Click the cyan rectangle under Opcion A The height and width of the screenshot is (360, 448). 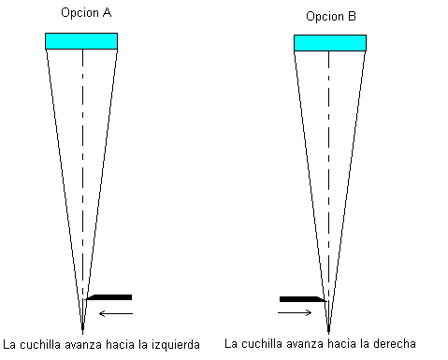(x=81, y=41)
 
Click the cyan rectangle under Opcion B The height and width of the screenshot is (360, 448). (x=330, y=43)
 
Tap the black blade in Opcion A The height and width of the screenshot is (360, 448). (x=109, y=297)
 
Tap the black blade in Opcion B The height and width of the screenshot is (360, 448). (x=302, y=299)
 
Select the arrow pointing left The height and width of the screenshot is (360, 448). (x=116, y=313)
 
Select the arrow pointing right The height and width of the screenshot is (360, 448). (x=295, y=312)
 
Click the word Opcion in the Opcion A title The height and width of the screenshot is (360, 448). (x=80, y=13)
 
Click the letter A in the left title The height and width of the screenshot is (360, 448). (x=107, y=12)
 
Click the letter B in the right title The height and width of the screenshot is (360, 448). (x=352, y=16)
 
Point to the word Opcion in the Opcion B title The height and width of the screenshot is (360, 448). (x=325, y=17)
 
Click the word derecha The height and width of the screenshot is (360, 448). (x=395, y=344)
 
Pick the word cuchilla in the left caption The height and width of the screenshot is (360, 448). (x=42, y=345)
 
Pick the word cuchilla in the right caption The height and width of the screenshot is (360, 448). (x=262, y=344)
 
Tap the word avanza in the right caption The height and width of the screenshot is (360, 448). (x=305, y=344)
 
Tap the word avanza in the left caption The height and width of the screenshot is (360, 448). (x=83, y=345)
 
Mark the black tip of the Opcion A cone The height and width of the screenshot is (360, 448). (x=82, y=326)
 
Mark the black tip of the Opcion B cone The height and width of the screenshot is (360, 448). (x=328, y=328)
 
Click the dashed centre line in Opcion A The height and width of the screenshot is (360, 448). (x=82, y=186)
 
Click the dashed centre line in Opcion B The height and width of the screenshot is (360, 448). (x=328, y=188)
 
